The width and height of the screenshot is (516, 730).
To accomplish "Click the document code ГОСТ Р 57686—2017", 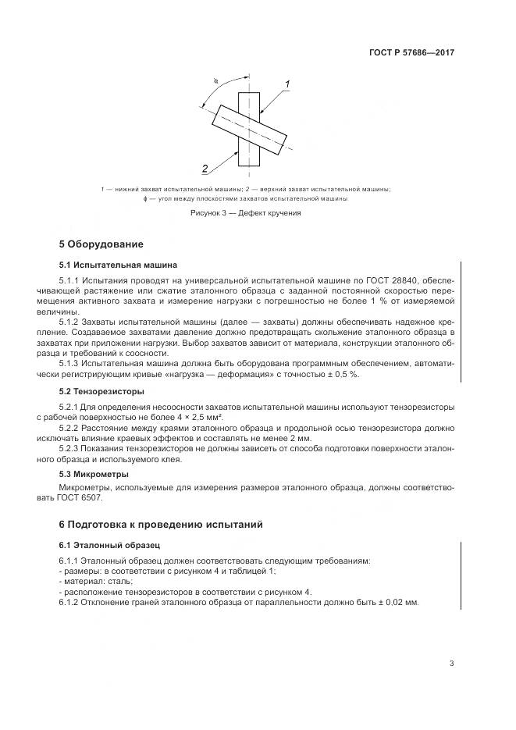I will coord(411,53).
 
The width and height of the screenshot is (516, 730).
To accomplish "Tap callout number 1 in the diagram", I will coord(287,84).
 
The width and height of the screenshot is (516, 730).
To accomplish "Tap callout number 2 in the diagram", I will coord(204,168).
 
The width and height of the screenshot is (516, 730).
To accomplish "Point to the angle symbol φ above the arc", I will coord(216,79).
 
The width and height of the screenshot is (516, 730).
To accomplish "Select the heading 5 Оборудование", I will coord(101,244).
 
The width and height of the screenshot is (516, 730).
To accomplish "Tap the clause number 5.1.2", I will coord(73,321).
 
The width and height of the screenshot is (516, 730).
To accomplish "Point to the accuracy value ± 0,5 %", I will coord(341,374).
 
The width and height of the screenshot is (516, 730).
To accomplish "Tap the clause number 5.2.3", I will coord(73,450).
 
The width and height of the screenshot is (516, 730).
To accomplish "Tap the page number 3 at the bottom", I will coord(452,664).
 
